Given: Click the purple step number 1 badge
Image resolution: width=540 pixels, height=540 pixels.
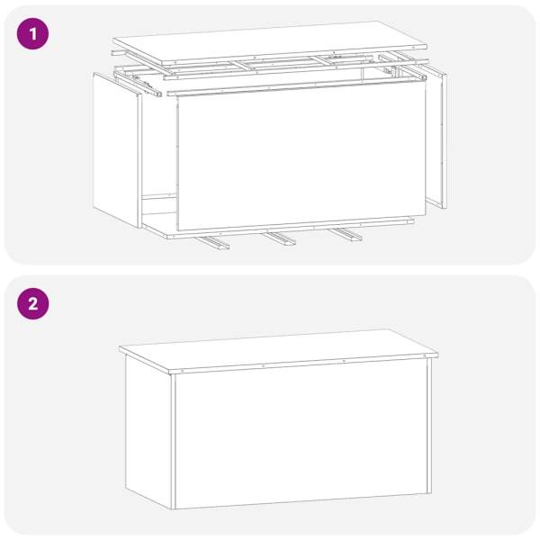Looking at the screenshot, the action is click(32, 34).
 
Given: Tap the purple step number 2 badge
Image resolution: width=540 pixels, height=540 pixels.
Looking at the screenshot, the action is click(32, 304).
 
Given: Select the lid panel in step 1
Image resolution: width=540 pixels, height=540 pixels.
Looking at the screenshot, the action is click(270, 43).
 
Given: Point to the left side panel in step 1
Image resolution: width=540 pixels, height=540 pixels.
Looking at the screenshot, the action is click(117, 149).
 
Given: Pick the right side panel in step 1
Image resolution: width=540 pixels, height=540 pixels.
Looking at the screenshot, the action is click(437, 138).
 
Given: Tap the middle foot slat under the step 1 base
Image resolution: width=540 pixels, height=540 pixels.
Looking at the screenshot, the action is click(280, 238).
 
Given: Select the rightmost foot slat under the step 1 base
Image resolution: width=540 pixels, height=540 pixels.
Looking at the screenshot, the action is click(346, 234).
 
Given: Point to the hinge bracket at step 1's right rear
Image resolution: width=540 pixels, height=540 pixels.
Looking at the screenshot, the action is click(389, 70).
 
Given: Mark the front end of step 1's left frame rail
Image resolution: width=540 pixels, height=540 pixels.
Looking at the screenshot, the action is click(157, 94).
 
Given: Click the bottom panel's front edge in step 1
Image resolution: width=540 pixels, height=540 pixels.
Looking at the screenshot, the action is click(291, 229).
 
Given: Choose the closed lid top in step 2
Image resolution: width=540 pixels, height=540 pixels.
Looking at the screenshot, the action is click(278, 351).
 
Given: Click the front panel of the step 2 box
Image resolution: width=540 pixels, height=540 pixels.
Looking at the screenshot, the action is click(301, 435).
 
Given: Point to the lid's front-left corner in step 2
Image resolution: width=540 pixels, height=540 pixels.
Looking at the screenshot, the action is click(169, 373).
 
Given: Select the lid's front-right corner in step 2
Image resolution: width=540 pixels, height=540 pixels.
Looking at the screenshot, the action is click(437, 355).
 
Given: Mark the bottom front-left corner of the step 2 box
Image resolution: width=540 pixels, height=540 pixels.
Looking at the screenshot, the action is click(172, 509).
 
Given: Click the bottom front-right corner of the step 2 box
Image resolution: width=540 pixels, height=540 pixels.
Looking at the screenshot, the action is click(431, 493).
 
